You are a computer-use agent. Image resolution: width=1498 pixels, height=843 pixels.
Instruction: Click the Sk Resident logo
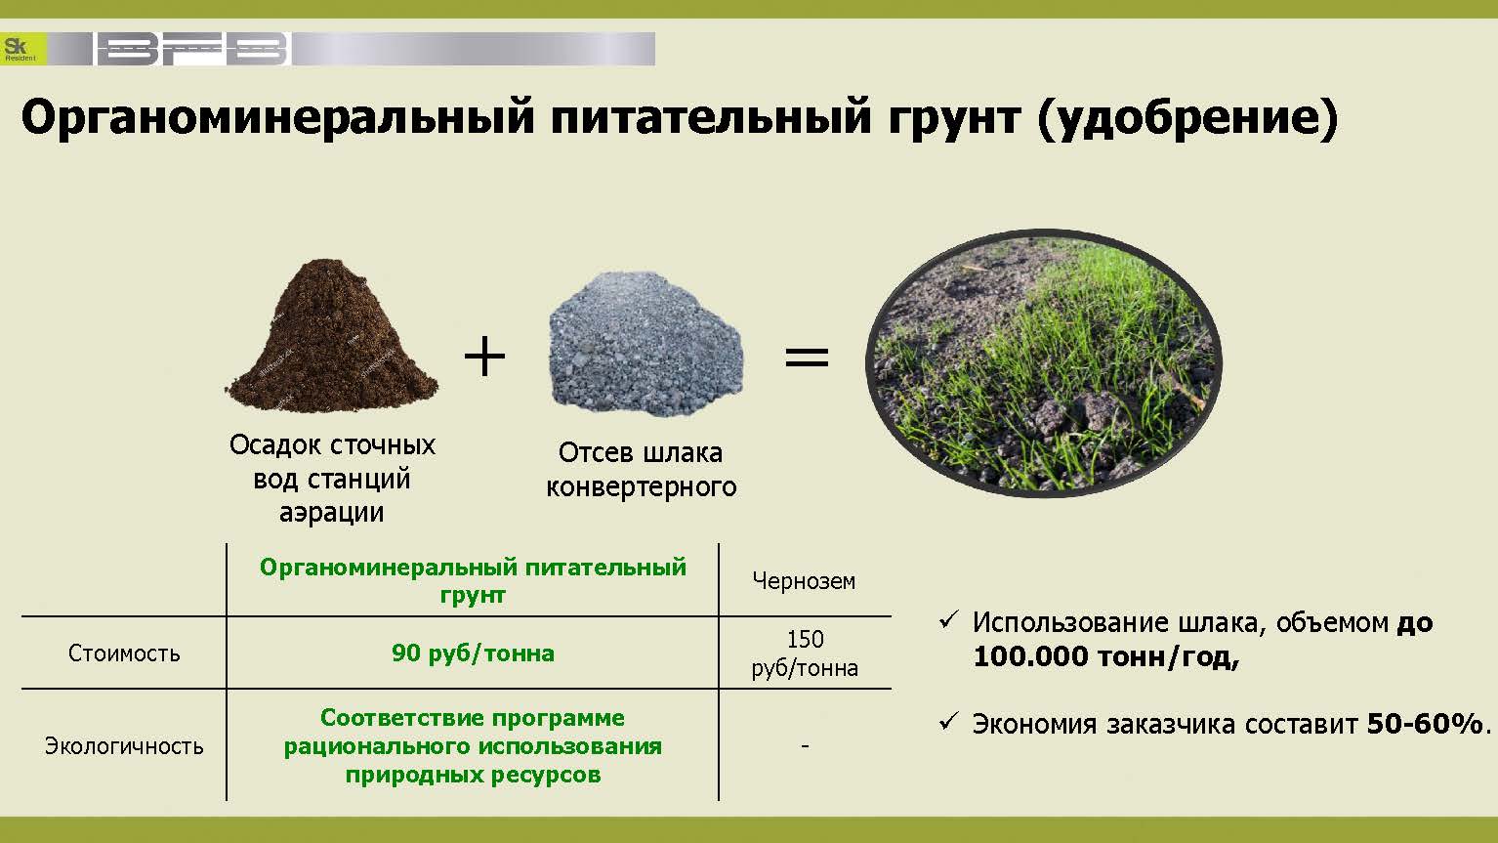23,49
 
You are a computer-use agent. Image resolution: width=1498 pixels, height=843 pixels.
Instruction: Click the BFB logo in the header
192,49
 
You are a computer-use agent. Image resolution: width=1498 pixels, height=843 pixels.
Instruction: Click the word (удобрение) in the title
1188,118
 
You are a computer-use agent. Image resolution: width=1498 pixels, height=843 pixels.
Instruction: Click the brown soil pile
332,336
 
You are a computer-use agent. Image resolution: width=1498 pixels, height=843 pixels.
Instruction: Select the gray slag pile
645,343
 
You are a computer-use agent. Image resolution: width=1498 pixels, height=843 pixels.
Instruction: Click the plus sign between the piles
484,356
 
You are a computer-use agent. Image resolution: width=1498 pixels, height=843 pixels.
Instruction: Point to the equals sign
808,357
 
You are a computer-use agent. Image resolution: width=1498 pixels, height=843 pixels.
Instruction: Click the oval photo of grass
1044,363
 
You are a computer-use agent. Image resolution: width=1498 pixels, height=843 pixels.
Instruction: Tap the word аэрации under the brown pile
332,513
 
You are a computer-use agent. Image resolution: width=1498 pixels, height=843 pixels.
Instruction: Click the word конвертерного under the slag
642,487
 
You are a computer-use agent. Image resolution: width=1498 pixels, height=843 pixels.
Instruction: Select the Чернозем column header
804,581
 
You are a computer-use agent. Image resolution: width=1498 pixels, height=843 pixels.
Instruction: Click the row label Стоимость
124,653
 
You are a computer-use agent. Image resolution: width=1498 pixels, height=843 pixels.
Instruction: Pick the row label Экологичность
124,746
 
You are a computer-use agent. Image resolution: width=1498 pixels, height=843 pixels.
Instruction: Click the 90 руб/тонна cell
473,653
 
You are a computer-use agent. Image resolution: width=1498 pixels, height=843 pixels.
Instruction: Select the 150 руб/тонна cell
805,653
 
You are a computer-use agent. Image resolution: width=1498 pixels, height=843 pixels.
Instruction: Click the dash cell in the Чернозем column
805,745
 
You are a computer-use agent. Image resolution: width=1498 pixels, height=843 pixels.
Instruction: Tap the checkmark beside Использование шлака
949,620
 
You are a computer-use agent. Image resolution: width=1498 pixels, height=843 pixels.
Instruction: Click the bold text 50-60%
1425,724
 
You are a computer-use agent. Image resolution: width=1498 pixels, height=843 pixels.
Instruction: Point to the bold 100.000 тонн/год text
1106,657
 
